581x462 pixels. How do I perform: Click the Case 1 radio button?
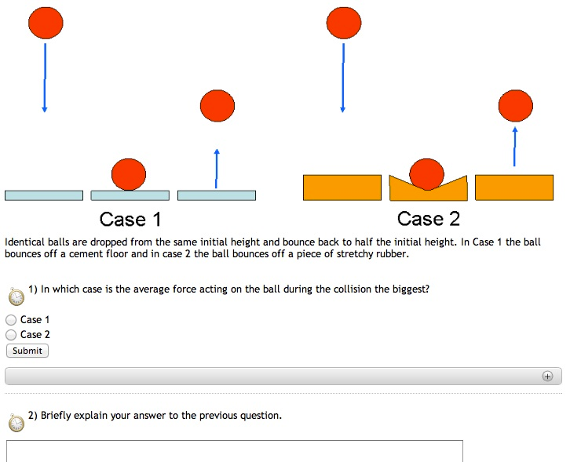11,320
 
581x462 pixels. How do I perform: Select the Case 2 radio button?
11,335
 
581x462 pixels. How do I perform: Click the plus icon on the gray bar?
547,376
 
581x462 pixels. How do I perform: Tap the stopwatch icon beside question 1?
16,296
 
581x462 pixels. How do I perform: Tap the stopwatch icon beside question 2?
16,423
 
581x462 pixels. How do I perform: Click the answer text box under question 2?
234,451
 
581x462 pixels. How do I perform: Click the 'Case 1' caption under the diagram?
130,219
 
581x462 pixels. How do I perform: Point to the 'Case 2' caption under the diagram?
428,218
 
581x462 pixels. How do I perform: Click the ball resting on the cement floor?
129,174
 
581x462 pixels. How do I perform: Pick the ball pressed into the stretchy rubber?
427,174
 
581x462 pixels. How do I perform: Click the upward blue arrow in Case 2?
515,146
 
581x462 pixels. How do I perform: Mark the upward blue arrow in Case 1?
217,168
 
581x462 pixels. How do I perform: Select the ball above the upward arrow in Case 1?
217,105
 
